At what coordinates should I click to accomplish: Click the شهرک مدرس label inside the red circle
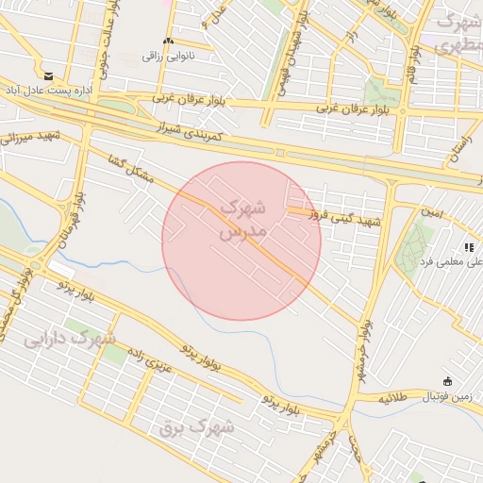(242, 218)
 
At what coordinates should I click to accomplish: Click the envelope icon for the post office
(48, 75)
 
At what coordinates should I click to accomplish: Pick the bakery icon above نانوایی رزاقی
(168, 41)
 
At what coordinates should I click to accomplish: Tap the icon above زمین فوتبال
(447, 382)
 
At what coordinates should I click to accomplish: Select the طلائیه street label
(394, 398)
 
